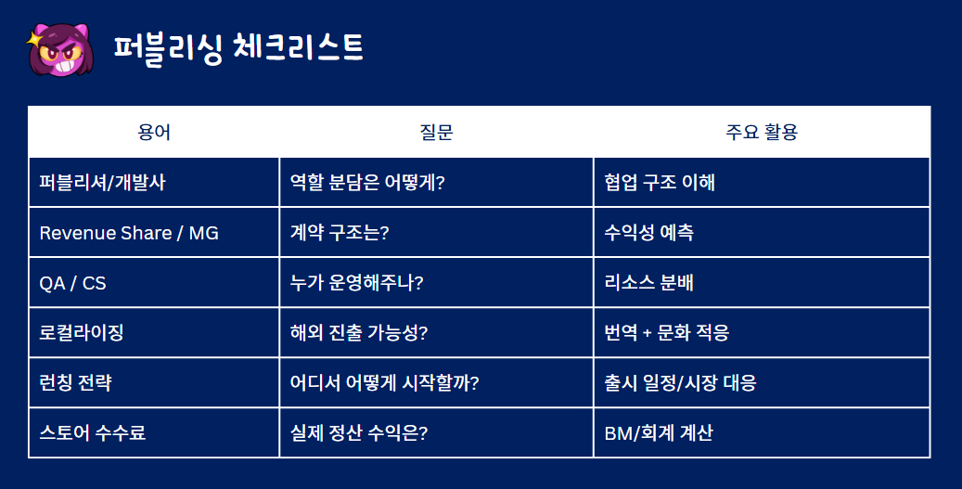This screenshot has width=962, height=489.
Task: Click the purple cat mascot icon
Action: (60, 50)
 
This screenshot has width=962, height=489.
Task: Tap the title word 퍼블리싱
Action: (168, 48)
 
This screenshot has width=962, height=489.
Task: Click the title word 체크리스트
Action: (298, 48)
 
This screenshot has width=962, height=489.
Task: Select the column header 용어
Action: (154, 132)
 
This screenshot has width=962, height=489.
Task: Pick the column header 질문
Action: (436, 132)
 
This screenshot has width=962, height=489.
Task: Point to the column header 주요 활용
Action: (762, 132)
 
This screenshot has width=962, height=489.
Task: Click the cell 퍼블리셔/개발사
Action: (102, 182)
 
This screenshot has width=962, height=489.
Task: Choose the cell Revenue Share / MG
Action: (129, 233)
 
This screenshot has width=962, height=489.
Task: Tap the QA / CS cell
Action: (72, 283)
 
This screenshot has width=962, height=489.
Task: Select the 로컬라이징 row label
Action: (82, 332)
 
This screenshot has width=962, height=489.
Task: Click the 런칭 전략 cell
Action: (75, 383)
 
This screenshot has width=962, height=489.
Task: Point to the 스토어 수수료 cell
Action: (93, 432)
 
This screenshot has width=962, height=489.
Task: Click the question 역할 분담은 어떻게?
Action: (367, 182)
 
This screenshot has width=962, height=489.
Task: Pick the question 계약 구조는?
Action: (340, 233)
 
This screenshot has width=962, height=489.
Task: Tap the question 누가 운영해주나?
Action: (356, 283)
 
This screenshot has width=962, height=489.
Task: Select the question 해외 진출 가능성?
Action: (359, 332)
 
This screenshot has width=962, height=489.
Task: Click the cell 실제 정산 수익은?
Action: (359, 432)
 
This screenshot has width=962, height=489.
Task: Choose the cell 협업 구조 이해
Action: (660, 182)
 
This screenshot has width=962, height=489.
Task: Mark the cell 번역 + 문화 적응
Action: (667, 332)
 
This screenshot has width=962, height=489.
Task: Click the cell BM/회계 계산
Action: (659, 432)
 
